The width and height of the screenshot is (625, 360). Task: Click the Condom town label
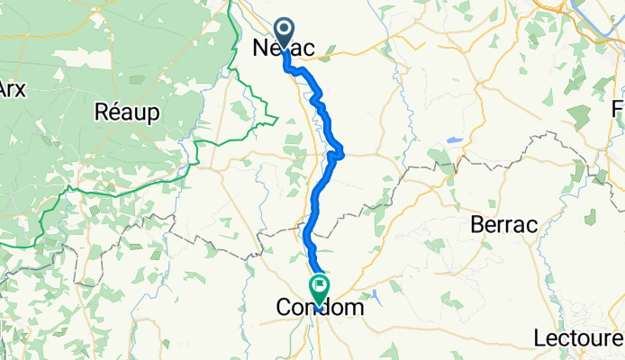(x=320, y=309)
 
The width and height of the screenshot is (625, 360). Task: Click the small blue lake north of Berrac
(x=453, y=141)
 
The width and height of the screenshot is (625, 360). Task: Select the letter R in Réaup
(x=102, y=112)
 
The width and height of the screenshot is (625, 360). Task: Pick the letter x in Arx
(x=20, y=90)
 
